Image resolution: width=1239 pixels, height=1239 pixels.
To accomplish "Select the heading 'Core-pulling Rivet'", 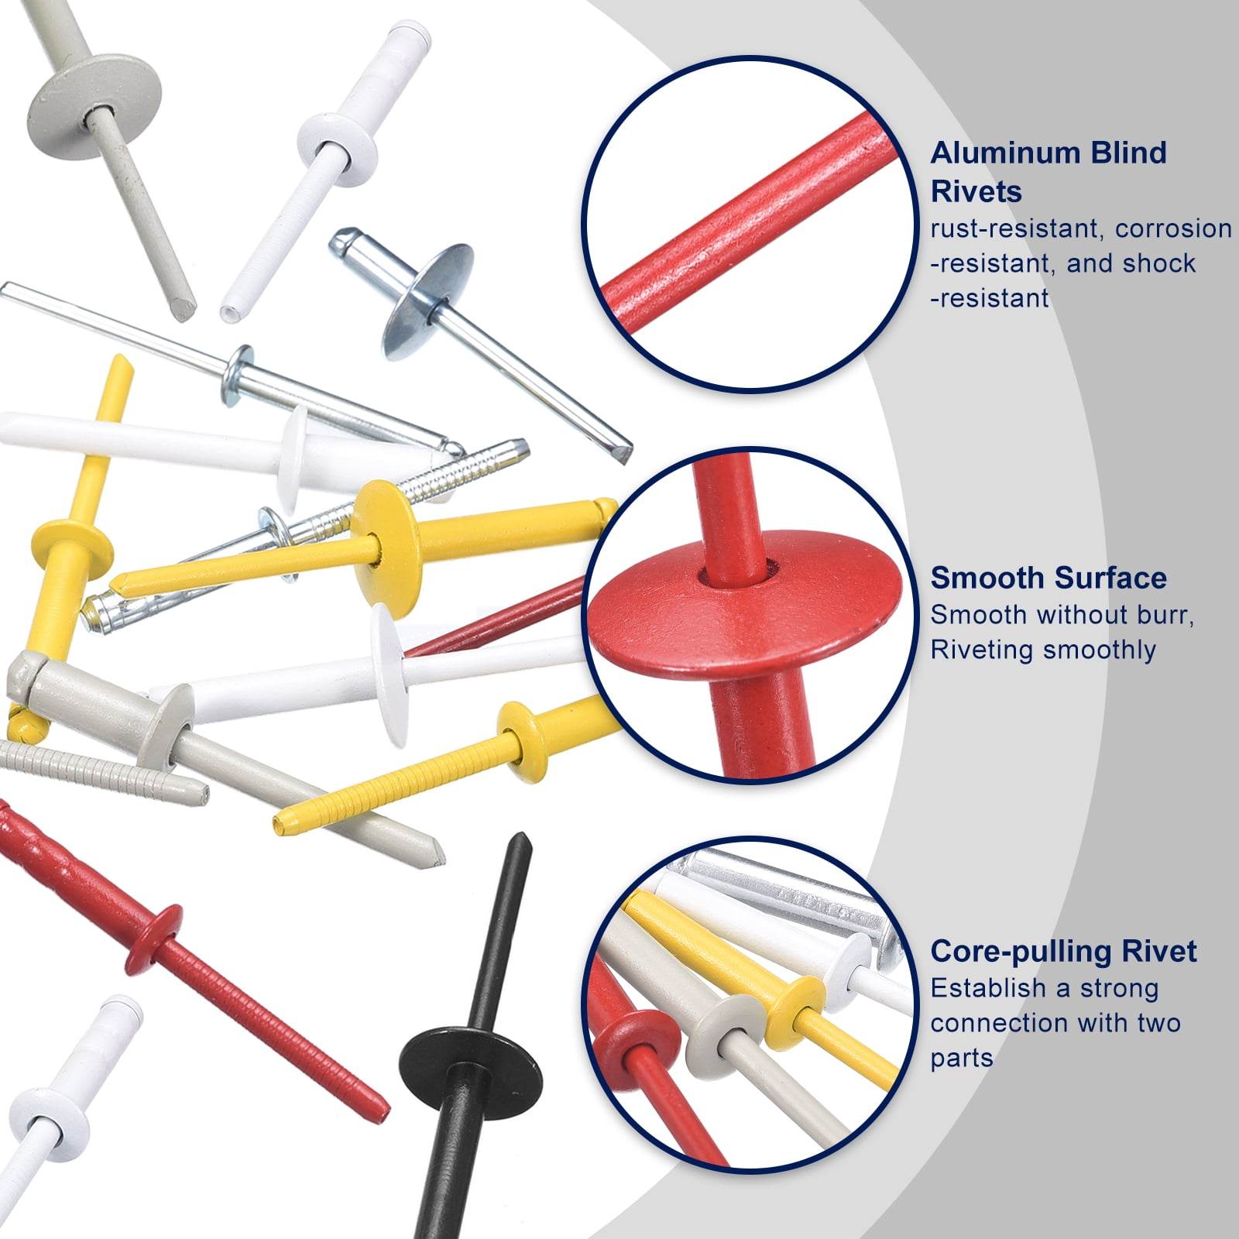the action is tap(1063, 951).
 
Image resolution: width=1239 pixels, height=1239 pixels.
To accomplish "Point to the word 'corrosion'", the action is tap(1173, 229).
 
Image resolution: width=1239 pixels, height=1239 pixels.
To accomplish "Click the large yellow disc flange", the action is tap(386, 548).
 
